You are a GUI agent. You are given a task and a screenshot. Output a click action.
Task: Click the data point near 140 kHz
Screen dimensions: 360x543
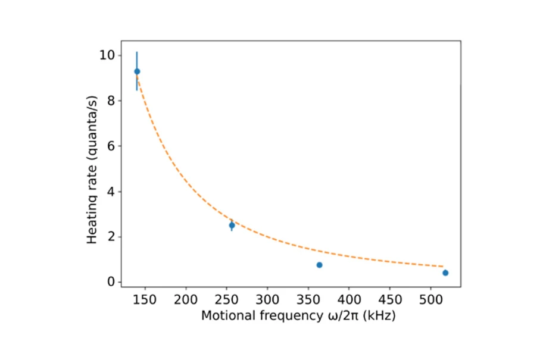(x=137, y=71)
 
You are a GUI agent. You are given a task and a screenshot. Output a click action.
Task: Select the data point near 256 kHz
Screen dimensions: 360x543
(x=232, y=226)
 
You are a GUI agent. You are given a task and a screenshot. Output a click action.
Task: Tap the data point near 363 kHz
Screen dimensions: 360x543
(x=319, y=265)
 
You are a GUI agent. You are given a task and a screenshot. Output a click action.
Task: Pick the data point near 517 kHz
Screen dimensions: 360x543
(x=445, y=273)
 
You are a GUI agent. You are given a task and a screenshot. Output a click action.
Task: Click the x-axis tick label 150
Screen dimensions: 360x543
(x=145, y=299)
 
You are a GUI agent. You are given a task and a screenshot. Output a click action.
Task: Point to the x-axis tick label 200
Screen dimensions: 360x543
(x=186, y=299)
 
